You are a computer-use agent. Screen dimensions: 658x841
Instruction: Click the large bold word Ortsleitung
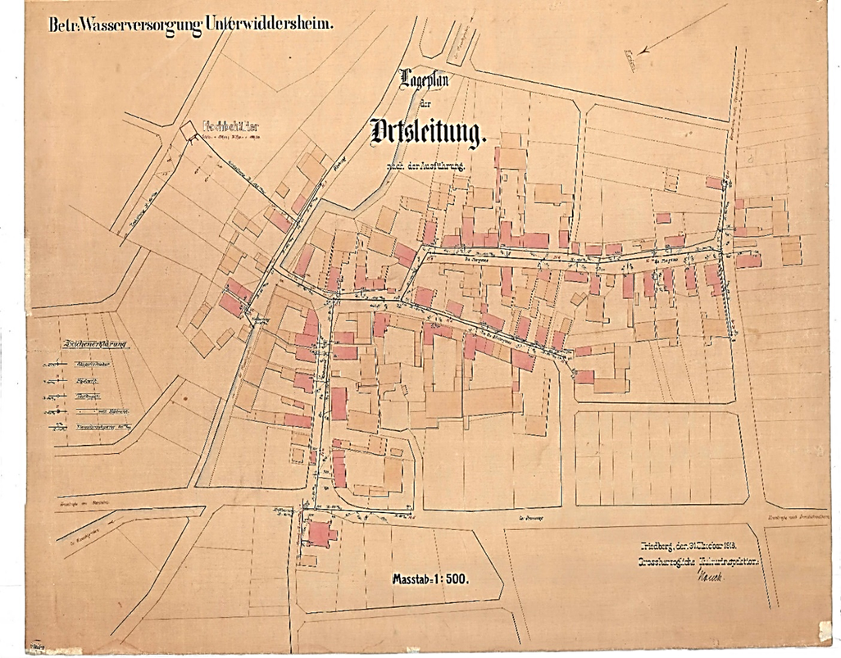(x=427, y=130)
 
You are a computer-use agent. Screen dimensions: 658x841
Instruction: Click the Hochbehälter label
(x=230, y=127)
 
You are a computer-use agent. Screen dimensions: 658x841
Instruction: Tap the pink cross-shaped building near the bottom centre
(x=319, y=533)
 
